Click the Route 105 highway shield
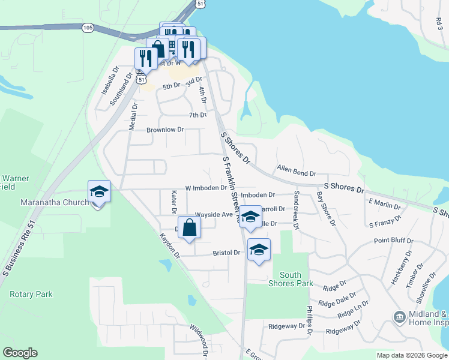point(88,28)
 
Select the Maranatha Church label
point(54,202)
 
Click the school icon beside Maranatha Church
point(99,192)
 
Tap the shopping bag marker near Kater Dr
point(189,228)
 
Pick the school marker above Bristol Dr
point(259,250)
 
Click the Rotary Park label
point(31,295)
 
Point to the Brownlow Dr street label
point(165,130)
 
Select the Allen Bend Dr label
point(296,172)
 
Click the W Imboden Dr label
point(206,188)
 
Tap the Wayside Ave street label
point(214,215)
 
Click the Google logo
point(20,353)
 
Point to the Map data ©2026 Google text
point(411,355)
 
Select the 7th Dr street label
point(197,115)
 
